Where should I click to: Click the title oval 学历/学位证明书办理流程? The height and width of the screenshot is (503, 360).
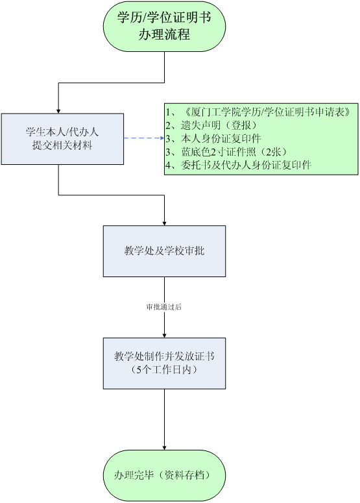click(x=164, y=27)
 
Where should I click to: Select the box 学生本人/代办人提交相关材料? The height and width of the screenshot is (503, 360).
click(x=62, y=139)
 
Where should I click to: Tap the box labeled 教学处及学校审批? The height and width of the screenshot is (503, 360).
click(x=164, y=251)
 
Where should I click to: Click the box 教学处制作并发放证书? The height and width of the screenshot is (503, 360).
click(x=164, y=363)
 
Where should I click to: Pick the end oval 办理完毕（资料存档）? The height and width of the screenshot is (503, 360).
click(x=164, y=475)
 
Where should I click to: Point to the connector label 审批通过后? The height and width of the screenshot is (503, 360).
click(x=164, y=307)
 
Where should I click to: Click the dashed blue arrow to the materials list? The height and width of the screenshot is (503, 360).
click(x=144, y=138)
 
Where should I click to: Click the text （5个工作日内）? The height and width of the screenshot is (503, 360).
click(x=164, y=370)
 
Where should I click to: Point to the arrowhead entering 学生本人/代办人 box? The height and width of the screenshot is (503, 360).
click(x=58, y=111)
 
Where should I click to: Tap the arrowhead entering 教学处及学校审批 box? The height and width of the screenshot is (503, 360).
click(x=165, y=223)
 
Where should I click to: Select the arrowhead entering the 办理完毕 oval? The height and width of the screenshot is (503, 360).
click(x=165, y=447)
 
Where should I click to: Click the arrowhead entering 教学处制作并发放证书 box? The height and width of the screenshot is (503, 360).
click(x=165, y=336)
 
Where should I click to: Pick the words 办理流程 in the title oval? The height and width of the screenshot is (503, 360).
click(x=164, y=34)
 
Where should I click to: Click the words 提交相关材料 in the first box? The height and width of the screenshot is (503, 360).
click(x=62, y=145)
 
